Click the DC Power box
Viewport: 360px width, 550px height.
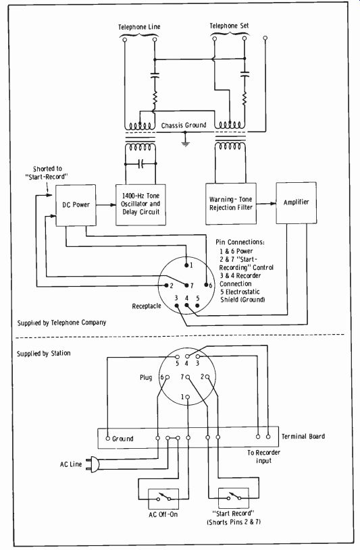click(x=76, y=205)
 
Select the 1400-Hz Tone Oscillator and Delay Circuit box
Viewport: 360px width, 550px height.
click(x=141, y=204)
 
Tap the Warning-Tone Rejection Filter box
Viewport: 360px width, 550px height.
click(x=231, y=204)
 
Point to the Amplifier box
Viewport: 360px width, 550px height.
click(x=296, y=202)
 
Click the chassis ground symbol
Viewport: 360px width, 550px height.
click(x=186, y=142)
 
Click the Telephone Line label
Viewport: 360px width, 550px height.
click(x=139, y=27)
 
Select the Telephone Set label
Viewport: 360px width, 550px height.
click(x=229, y=26)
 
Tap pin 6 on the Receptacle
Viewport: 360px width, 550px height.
click(x=207, y=285)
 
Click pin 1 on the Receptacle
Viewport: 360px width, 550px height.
click(x=186, y=265)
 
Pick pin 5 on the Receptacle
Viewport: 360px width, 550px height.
click(x=197, y=305)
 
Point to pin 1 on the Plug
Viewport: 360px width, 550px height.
click(x=188, y=397)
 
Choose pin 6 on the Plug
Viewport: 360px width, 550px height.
click(x=168, y=377)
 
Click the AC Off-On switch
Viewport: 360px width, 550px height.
click(x=163, y=499)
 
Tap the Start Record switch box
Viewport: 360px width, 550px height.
click(x=234, y=498)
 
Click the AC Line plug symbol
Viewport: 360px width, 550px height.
click(x=95, y=464)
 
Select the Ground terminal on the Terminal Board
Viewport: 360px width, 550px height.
click(x=109, y=438)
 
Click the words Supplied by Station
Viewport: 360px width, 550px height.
click(x=43, y=354)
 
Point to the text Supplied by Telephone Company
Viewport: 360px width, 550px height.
click(x=62, y=323)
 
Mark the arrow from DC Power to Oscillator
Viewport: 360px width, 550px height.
click(x=106, y=205)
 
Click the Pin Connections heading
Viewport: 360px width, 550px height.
click(x=240, y=242)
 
